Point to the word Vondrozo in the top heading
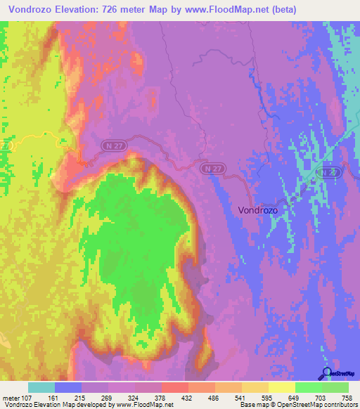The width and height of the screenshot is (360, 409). (34, 9)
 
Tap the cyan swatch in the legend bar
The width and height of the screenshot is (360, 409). (41, 387)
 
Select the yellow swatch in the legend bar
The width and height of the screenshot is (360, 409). (281, 387)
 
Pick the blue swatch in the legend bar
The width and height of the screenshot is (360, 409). (68, 387)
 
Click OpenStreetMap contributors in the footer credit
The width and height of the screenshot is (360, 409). (322, 405)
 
